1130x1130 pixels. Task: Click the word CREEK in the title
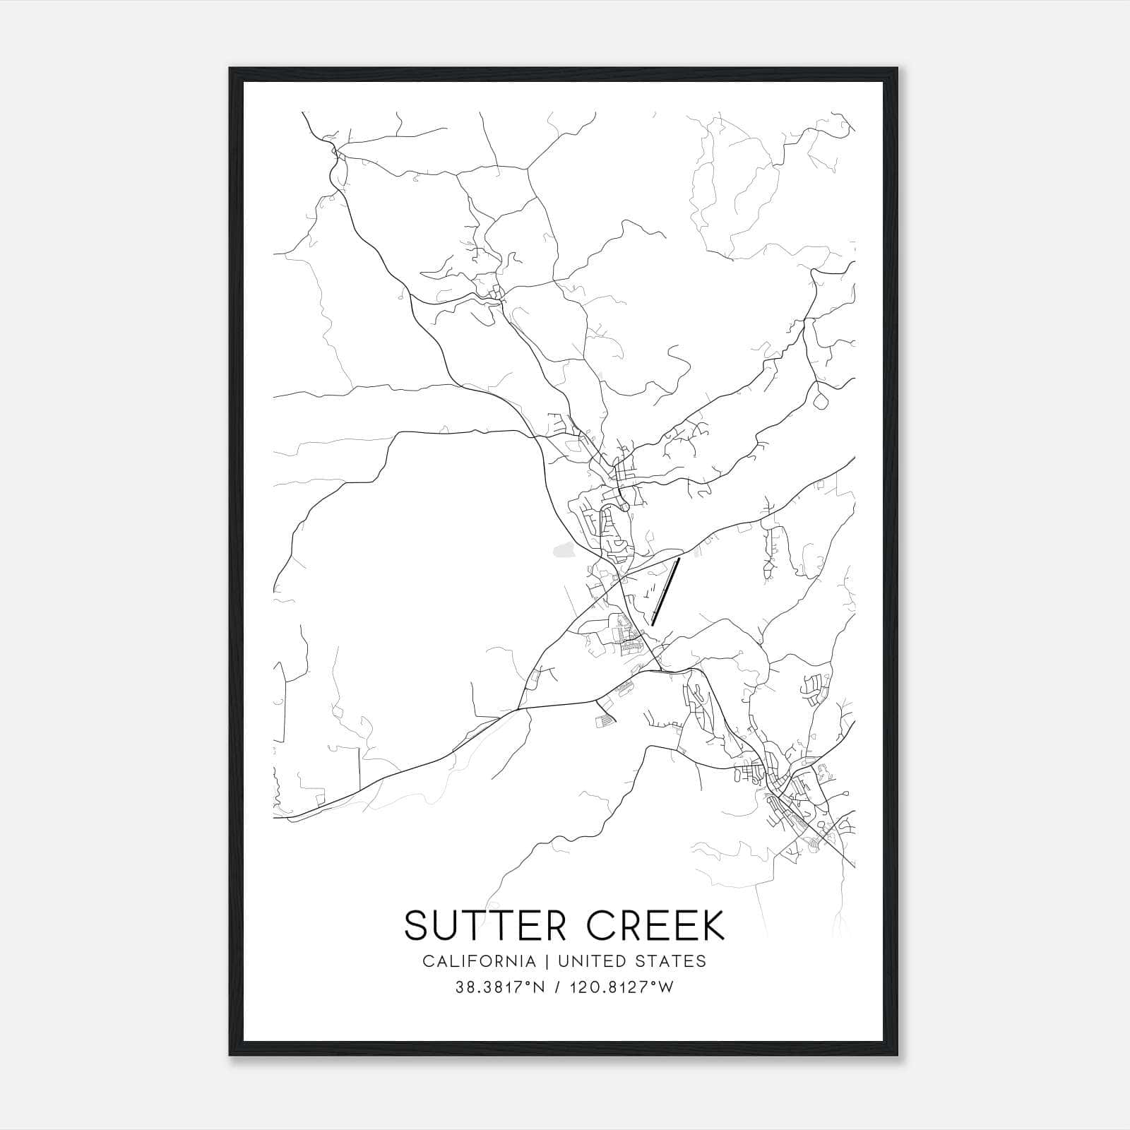[x=655, y=925]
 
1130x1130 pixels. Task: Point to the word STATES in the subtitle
[x=673, y=961]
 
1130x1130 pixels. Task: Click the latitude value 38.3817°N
[x=501, y=987]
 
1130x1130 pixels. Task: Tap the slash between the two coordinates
[x=558, y=987]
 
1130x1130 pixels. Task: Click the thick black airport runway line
[x=666, y=592]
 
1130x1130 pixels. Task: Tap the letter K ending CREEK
[x=713, y=925]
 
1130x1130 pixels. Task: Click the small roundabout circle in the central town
[x=624, y=506]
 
